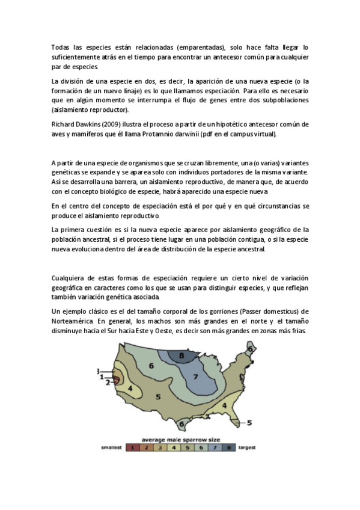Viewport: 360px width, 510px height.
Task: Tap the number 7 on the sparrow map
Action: tap(195, 377)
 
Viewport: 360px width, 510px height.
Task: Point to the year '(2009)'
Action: tap(114, 124)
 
